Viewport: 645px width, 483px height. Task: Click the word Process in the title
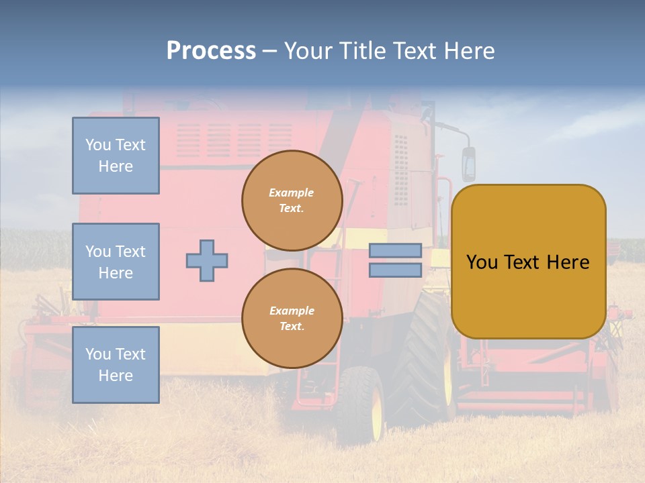click(211, 51)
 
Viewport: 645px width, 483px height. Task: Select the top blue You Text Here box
click(116, 156)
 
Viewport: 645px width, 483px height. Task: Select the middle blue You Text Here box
click(116, 262)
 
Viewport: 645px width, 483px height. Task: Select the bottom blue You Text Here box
click(116, 364)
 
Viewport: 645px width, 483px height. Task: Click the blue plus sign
click(207, 260)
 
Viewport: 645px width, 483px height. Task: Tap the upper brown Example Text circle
click(292, 201)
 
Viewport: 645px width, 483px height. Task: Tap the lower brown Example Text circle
click(292, 319)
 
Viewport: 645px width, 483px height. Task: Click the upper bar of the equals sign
click(395, 251)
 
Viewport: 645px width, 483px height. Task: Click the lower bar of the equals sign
click(395, 270)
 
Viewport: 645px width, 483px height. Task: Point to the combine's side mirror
click(468, 164)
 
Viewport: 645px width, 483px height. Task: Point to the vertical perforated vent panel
click(400, 170)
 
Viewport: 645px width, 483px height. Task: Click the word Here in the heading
click(472, 51)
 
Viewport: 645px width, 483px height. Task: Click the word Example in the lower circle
click(292, 311)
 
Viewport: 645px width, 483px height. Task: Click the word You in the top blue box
click(97, 145)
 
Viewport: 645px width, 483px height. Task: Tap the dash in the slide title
click(269, 52)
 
